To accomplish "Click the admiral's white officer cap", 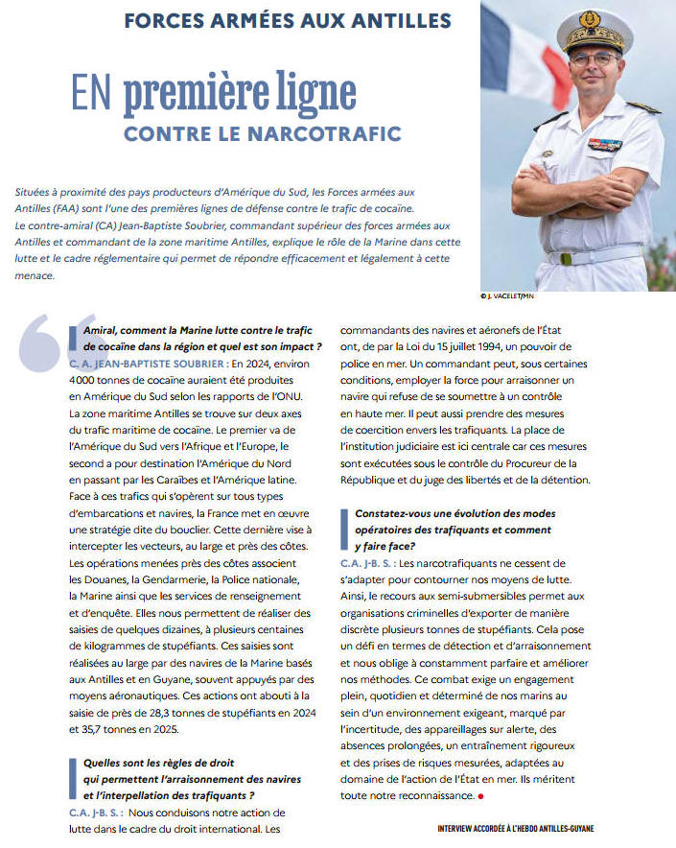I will click(x=594, y=29).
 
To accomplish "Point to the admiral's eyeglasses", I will click(x=593, y=59).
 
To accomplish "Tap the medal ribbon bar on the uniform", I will click(x=605, y=144).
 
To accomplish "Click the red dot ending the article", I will click(x=481, y=795).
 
